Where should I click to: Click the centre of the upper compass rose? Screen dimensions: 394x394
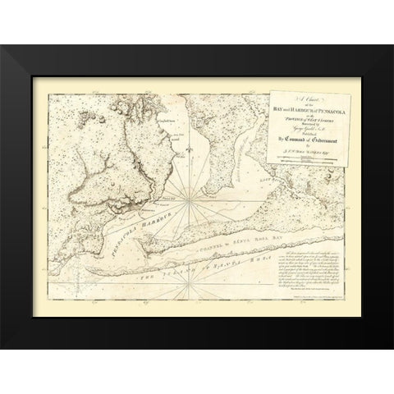(x=188, y=196)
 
